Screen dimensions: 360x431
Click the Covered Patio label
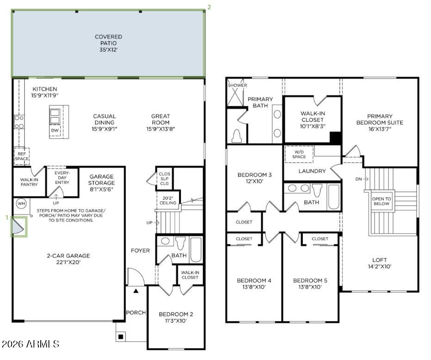click(108, 40)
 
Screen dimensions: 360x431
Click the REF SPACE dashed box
click(22, 156)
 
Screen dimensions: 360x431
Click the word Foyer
click(140, 250)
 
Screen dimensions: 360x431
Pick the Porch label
click(136, 312)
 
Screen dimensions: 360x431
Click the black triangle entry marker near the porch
click(136, 291)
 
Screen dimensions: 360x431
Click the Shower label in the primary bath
click(237, 85)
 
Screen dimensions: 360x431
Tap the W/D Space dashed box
click(299, 154)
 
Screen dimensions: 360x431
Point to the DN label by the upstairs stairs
click(358, 179)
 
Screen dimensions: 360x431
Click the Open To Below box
click(382, 201)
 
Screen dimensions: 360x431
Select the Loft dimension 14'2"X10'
click(379, 267)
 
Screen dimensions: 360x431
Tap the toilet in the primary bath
click(237, 136)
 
